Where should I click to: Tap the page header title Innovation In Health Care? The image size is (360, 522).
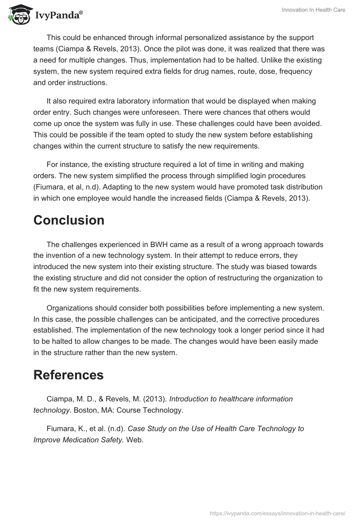[314, 10]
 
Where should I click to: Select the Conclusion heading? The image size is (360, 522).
[69, 220]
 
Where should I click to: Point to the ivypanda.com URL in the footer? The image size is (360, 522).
[277, 513]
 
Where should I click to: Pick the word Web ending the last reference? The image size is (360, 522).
[134, 440]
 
